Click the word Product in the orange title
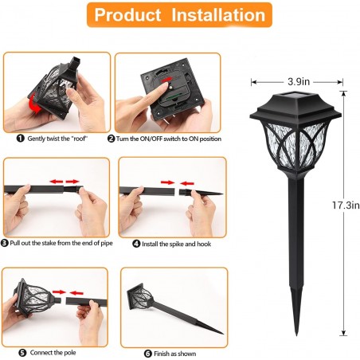pyautogui.click(x=134, y=15)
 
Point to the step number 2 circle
pyautogui.click(x=112, y=138)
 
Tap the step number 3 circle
pyautogui.click(x=6, y=243)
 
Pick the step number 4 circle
pyautogui.click(x=125, y=244)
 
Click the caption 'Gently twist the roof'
pyautogui.click(x=51, y=138)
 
